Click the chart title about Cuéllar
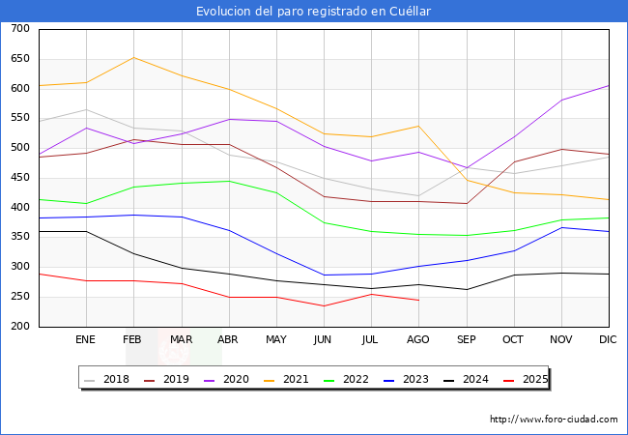pos(313,12)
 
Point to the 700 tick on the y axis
pos(19,29)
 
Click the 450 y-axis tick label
pos(19,178)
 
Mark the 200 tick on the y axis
pos(19,327)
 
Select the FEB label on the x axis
pos(133,339)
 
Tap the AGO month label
pos(418,339)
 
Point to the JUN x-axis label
pos(324,339)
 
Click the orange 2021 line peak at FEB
pos(133,57)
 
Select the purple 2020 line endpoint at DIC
pos(609,85)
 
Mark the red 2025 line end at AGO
pos(418,301)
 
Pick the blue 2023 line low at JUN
pos(324,275)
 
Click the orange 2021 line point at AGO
pos(418,126)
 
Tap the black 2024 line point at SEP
pos(466,290)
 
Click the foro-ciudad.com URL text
pos(554,420)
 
